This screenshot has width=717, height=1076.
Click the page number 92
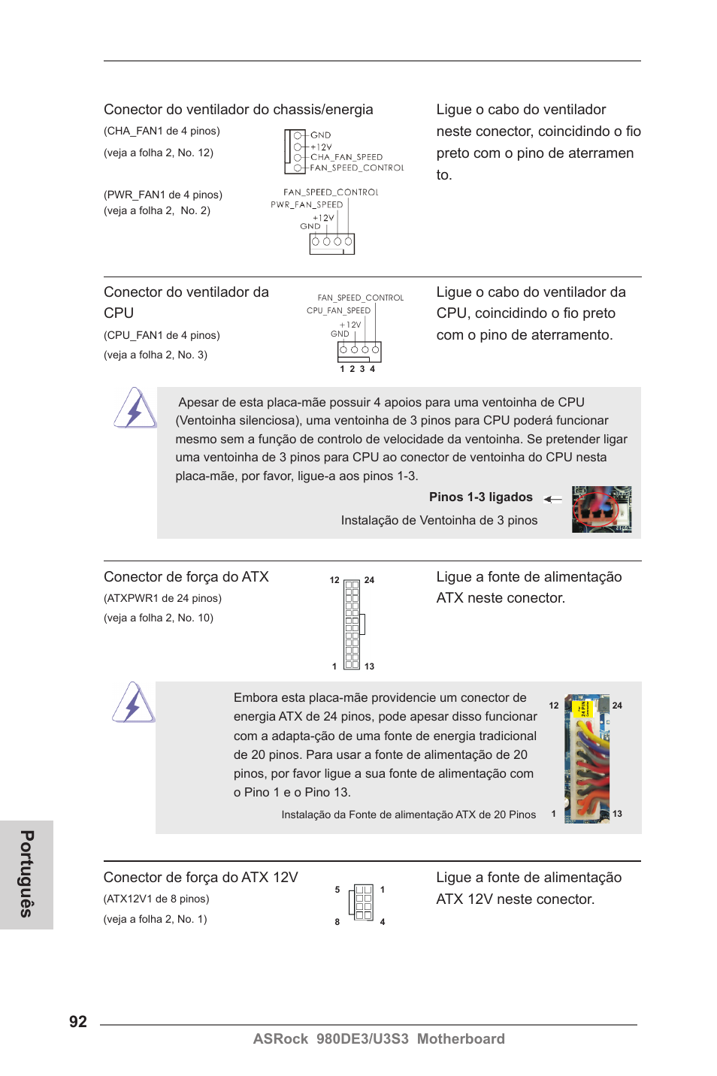pos(78,1021)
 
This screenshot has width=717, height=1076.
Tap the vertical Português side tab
pos(26,874)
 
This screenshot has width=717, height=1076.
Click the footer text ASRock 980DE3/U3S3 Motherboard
pos(379,1038)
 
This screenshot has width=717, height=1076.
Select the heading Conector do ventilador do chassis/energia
pos(238,110)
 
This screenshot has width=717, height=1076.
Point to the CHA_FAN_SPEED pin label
pos(346,157)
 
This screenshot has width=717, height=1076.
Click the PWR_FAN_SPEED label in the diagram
pos(307,204)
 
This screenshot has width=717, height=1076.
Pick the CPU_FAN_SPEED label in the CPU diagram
pos(338,310)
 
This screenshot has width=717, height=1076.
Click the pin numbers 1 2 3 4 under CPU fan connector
pos(357,369)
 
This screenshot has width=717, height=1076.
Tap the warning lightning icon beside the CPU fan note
pos(135,409)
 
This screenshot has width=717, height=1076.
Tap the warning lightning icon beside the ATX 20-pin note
pos(134,703)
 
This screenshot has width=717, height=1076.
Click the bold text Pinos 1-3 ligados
pos(480,497)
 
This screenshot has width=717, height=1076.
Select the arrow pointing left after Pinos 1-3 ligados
pos(553,499)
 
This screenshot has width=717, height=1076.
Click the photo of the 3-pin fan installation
pos(601,509)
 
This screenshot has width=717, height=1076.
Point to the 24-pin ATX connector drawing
pos(352,624)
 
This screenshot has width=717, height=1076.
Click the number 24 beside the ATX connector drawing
pos(369,580)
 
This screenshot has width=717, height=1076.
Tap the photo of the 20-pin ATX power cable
pos(587,758)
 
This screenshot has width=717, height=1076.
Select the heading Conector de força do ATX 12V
pos(201,878)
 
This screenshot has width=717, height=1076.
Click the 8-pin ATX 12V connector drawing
pos(362,901)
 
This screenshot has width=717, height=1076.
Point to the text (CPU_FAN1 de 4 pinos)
pos(162,335)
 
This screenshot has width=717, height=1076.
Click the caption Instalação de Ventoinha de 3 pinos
pos(439,520)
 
